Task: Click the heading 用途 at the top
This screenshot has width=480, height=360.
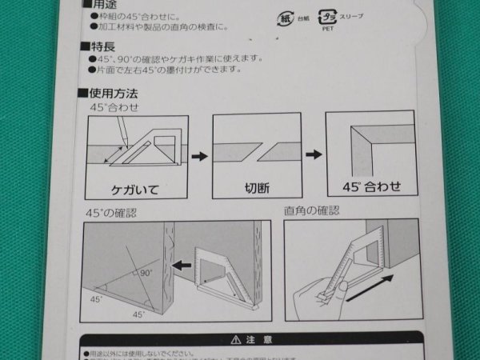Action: click(96, 5)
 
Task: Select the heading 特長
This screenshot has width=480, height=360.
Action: click(96, 48)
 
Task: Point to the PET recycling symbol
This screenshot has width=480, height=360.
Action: click(328, 16)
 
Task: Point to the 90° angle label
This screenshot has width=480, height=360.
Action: click(145, 273)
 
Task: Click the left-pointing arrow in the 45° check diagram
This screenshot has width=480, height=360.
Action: click(183, 263)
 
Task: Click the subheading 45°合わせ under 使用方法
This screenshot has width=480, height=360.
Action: click(109, 106)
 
